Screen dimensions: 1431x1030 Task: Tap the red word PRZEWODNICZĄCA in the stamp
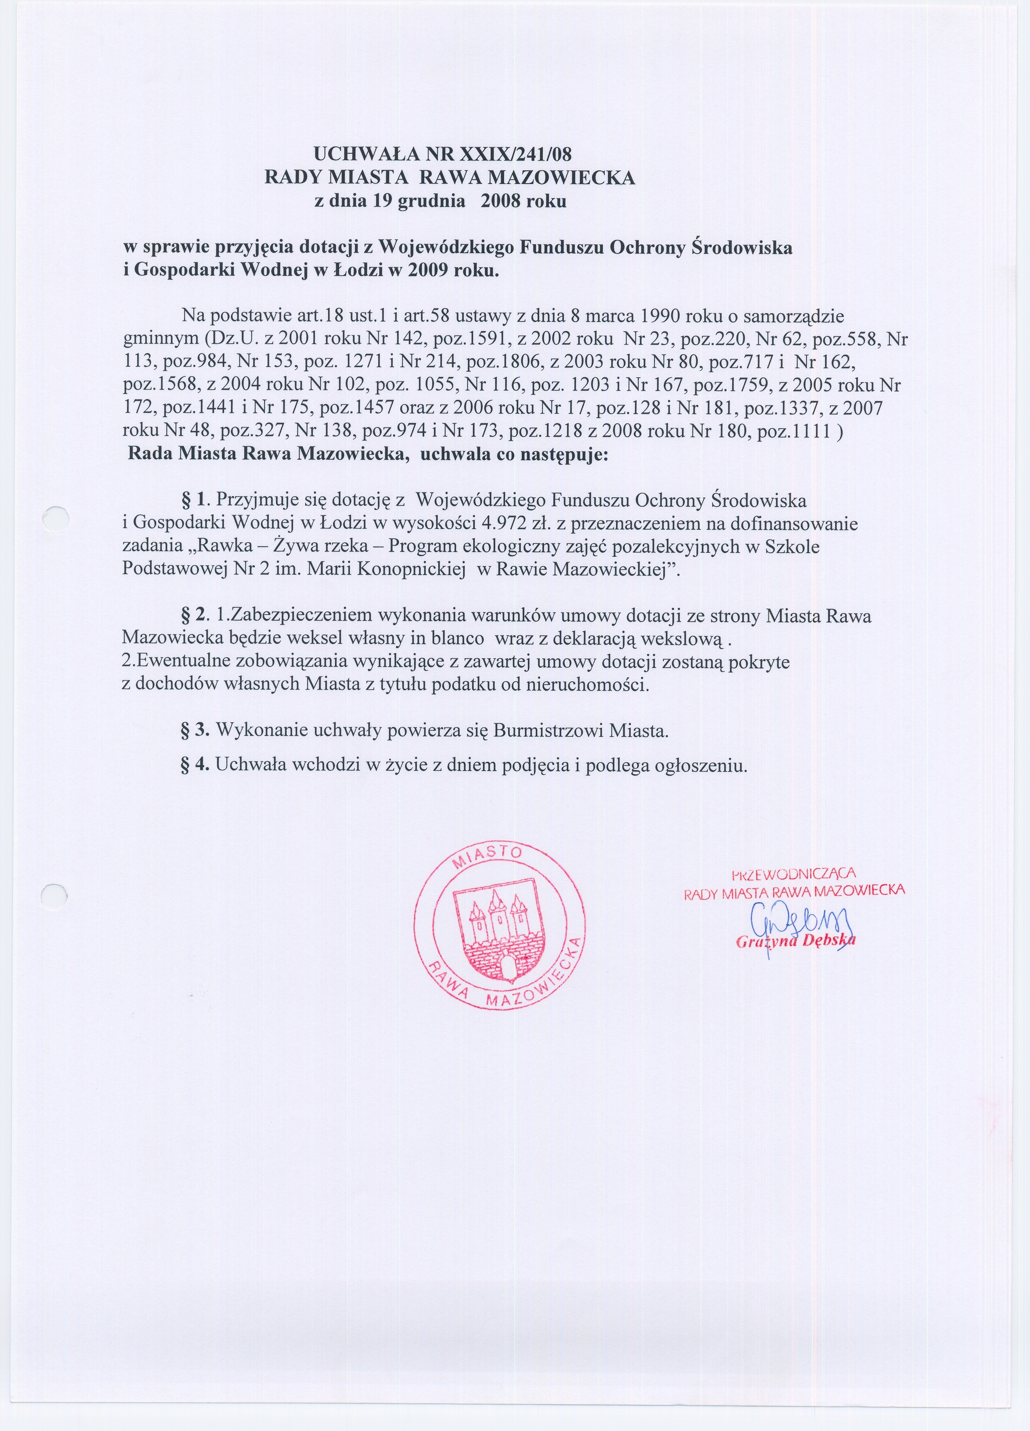pos(793,875)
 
